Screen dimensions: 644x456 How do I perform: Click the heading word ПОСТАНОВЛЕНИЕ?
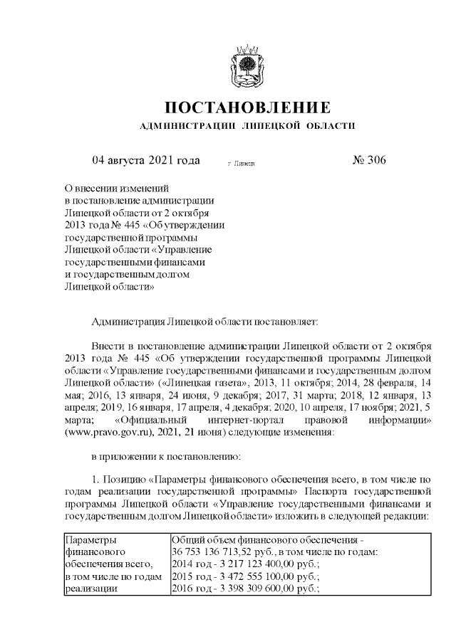pyautogui.click(x=248, y=107)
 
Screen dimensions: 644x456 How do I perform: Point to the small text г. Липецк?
pyautogui.click(x=242, y=164)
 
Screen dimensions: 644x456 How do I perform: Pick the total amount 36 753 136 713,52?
pyautogui.click(x=214, y=551)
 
